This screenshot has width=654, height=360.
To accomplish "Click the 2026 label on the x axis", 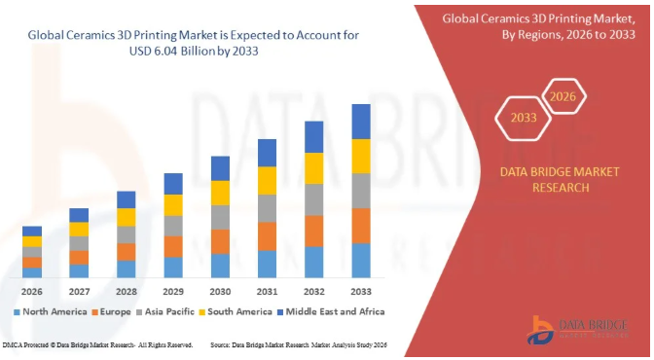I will tap(32, 291).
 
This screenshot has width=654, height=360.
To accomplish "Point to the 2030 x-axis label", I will tap(220, 291).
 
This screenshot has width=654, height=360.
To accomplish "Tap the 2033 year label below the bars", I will tap(361, 291).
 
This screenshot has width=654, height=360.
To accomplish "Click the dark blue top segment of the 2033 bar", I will tap(361, 121).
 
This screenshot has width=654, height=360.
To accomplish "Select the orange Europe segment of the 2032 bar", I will tap(314, 231).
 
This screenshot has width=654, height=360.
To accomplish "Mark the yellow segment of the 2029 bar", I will tap(173, 204).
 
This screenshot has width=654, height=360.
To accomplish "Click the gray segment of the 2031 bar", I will tap(268, 208).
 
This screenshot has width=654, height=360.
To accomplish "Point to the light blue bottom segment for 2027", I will tap(79, 270).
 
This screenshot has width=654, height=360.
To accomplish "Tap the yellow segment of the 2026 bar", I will tap(32, 241).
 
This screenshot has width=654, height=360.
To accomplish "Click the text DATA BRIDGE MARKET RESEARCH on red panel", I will tap(544, 179).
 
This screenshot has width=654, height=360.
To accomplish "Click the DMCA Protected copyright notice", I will tap(97, 345).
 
